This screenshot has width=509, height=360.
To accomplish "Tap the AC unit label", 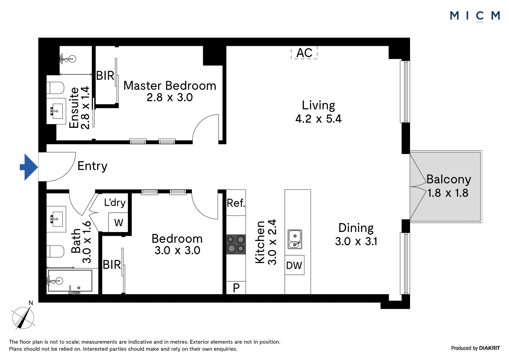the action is point(304,53).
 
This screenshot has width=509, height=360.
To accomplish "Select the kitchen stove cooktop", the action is point(236,244).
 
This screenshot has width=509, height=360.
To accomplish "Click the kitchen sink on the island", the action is point(295,239).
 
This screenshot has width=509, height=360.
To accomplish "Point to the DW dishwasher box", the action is point(294,265).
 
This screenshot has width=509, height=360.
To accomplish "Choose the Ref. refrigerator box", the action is point(236,203).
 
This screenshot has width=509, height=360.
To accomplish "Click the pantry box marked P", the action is point(236,288).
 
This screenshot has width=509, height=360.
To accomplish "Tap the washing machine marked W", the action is point(118,222).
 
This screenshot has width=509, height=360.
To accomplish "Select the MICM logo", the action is point(475,16).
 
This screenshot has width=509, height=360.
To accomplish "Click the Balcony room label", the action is point(449,179).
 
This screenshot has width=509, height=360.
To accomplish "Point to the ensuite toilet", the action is point(55,88).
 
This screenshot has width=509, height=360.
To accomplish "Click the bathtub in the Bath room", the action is point(70,281).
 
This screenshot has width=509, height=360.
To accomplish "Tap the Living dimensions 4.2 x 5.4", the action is point(318,119).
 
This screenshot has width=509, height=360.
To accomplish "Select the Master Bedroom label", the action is point(170,86).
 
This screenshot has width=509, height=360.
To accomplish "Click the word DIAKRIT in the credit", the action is point(490,348).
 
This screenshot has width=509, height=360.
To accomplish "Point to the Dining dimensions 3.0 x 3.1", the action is point(356,241).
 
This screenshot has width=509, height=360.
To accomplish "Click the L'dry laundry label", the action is point(115,202).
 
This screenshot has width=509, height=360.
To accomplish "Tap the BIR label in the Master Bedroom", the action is point(105,75).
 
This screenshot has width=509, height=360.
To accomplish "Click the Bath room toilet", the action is point(55,251).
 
